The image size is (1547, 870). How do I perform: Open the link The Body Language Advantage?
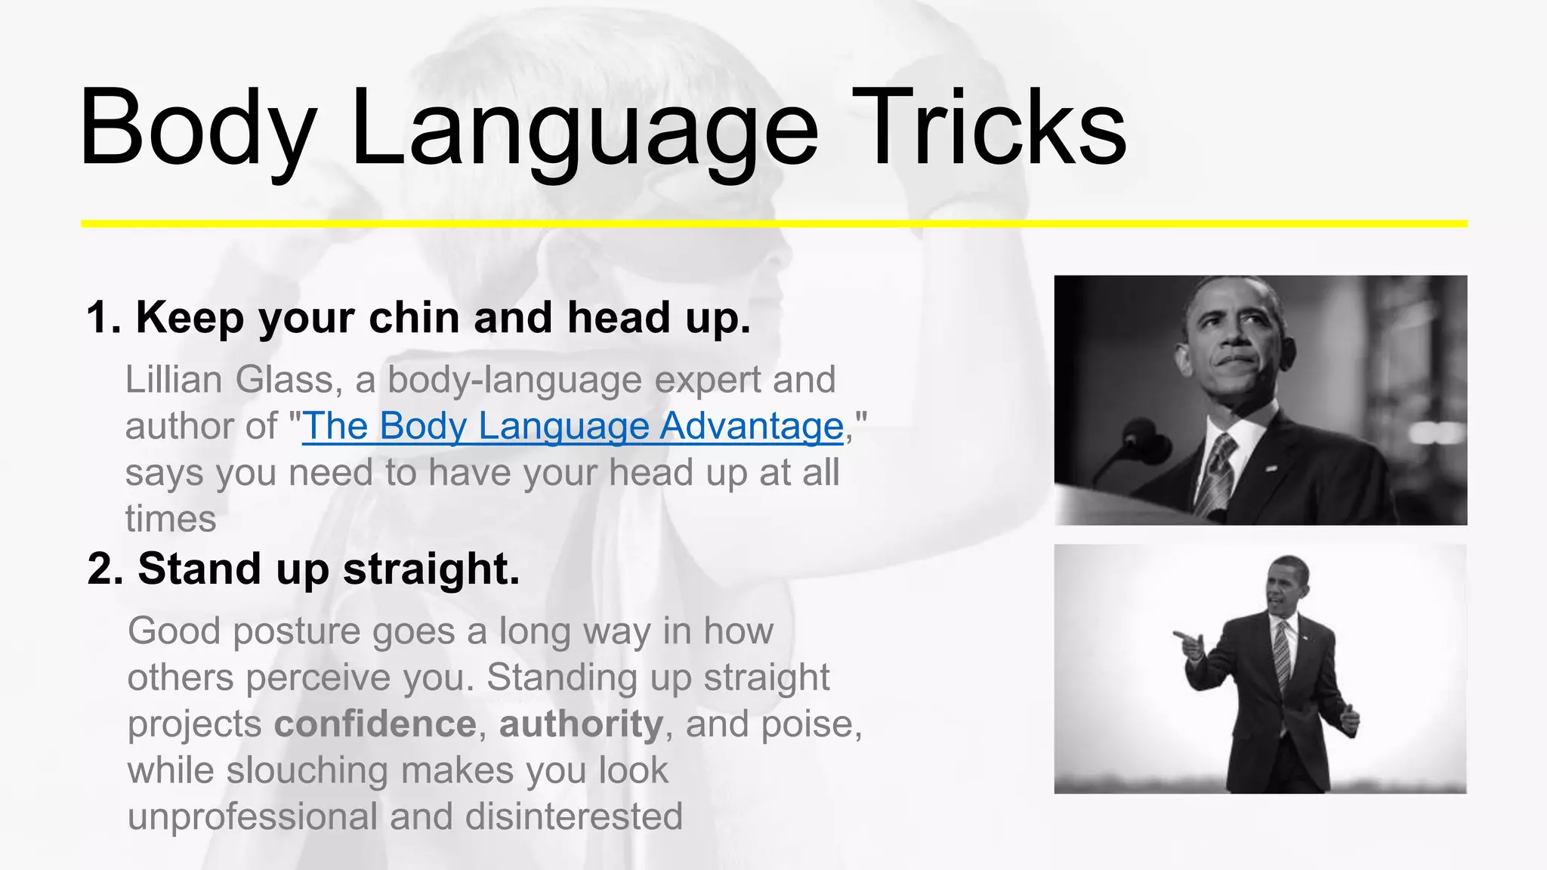pyautogui.click(x=573, y=426)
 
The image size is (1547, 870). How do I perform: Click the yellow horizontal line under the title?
pyautogui.click(x=773, y=224)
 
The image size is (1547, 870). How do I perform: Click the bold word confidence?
pyautogui.click(x=375, y=724)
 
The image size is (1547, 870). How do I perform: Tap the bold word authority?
pyautogui.click(x=581, y=724)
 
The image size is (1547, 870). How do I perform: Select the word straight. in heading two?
pyautogui.click(x=431, y=569)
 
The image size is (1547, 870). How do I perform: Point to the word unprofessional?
pyautogui.click(x=252, y=817)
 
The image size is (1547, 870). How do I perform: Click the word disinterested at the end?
pyautogui.click(x=574, y=817)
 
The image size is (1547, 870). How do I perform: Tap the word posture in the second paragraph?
pyautogui.click(x=297, y=631)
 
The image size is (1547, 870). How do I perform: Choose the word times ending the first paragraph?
pyautogui.click(x=171, y=520)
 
